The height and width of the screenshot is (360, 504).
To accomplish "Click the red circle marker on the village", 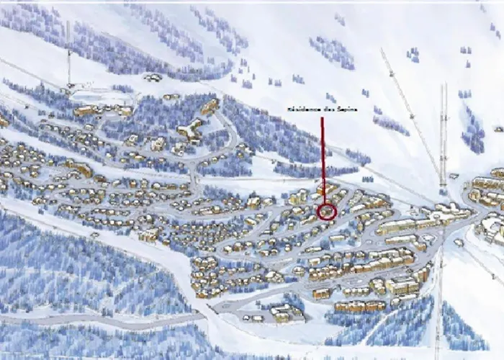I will pyautogui.click(x=327, y=211).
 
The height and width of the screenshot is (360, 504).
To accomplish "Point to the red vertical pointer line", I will pyautogui.click(x=323, y=155).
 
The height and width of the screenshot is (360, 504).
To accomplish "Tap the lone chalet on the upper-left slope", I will pyautogui.click(x=152, y=77).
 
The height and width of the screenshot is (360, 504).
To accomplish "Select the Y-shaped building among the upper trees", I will pyautogui.click(x=190, y=130).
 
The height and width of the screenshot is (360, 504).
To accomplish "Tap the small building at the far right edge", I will pyautogui.click(x=498, y=129).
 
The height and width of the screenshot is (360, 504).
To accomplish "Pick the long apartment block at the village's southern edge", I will pyautogui.click(x=359, y=307).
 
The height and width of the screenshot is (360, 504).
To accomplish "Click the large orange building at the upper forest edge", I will pyautogui.click(x=210, y=107).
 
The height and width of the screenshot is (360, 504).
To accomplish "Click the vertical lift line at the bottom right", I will pyautogui.click(x=438, y=310).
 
